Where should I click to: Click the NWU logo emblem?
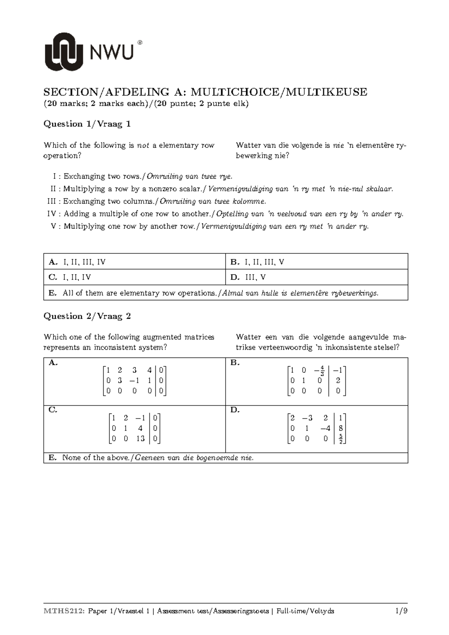tap(64, 51)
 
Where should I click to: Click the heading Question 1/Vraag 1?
tap(87, 124)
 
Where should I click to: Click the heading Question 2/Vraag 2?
tap(87, 316)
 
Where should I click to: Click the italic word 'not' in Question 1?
tap(143, 145)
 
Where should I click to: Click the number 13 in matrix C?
tap(140, 438)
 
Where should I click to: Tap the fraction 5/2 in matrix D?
tap(340, 439)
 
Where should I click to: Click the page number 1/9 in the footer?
tap(401, 611)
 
